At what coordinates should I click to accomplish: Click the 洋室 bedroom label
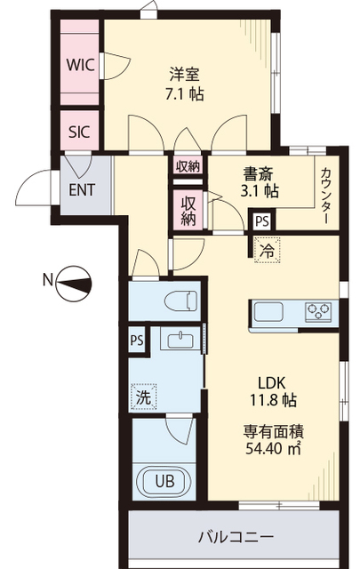pyautogui.click(x=184, y=74)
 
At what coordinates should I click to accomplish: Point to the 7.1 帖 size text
pyautogui.click(x=184, y=94)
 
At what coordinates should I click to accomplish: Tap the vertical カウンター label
pyautogui.click(x=327, y=195)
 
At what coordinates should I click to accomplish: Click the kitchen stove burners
pyautogui.click(x=317, y=311)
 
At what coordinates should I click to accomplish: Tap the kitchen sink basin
pyautogui.click(x=268, y=312)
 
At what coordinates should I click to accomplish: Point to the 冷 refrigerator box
pyautogui.click(x=265, y=252)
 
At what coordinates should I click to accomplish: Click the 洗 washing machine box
pyautogui.click(x=144, y=398)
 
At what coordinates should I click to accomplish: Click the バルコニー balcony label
pyautogui.click(x=235, y=538)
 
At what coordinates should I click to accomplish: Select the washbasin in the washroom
pyautogui.click(x=179, y=341)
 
